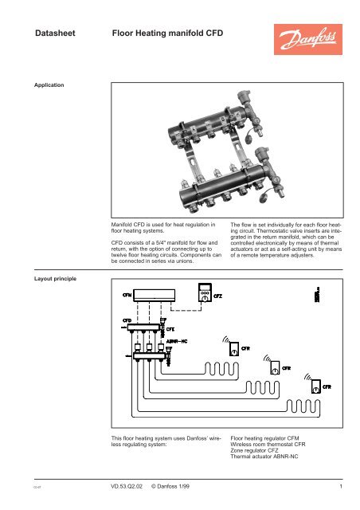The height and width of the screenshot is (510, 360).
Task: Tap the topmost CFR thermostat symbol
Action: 228,348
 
